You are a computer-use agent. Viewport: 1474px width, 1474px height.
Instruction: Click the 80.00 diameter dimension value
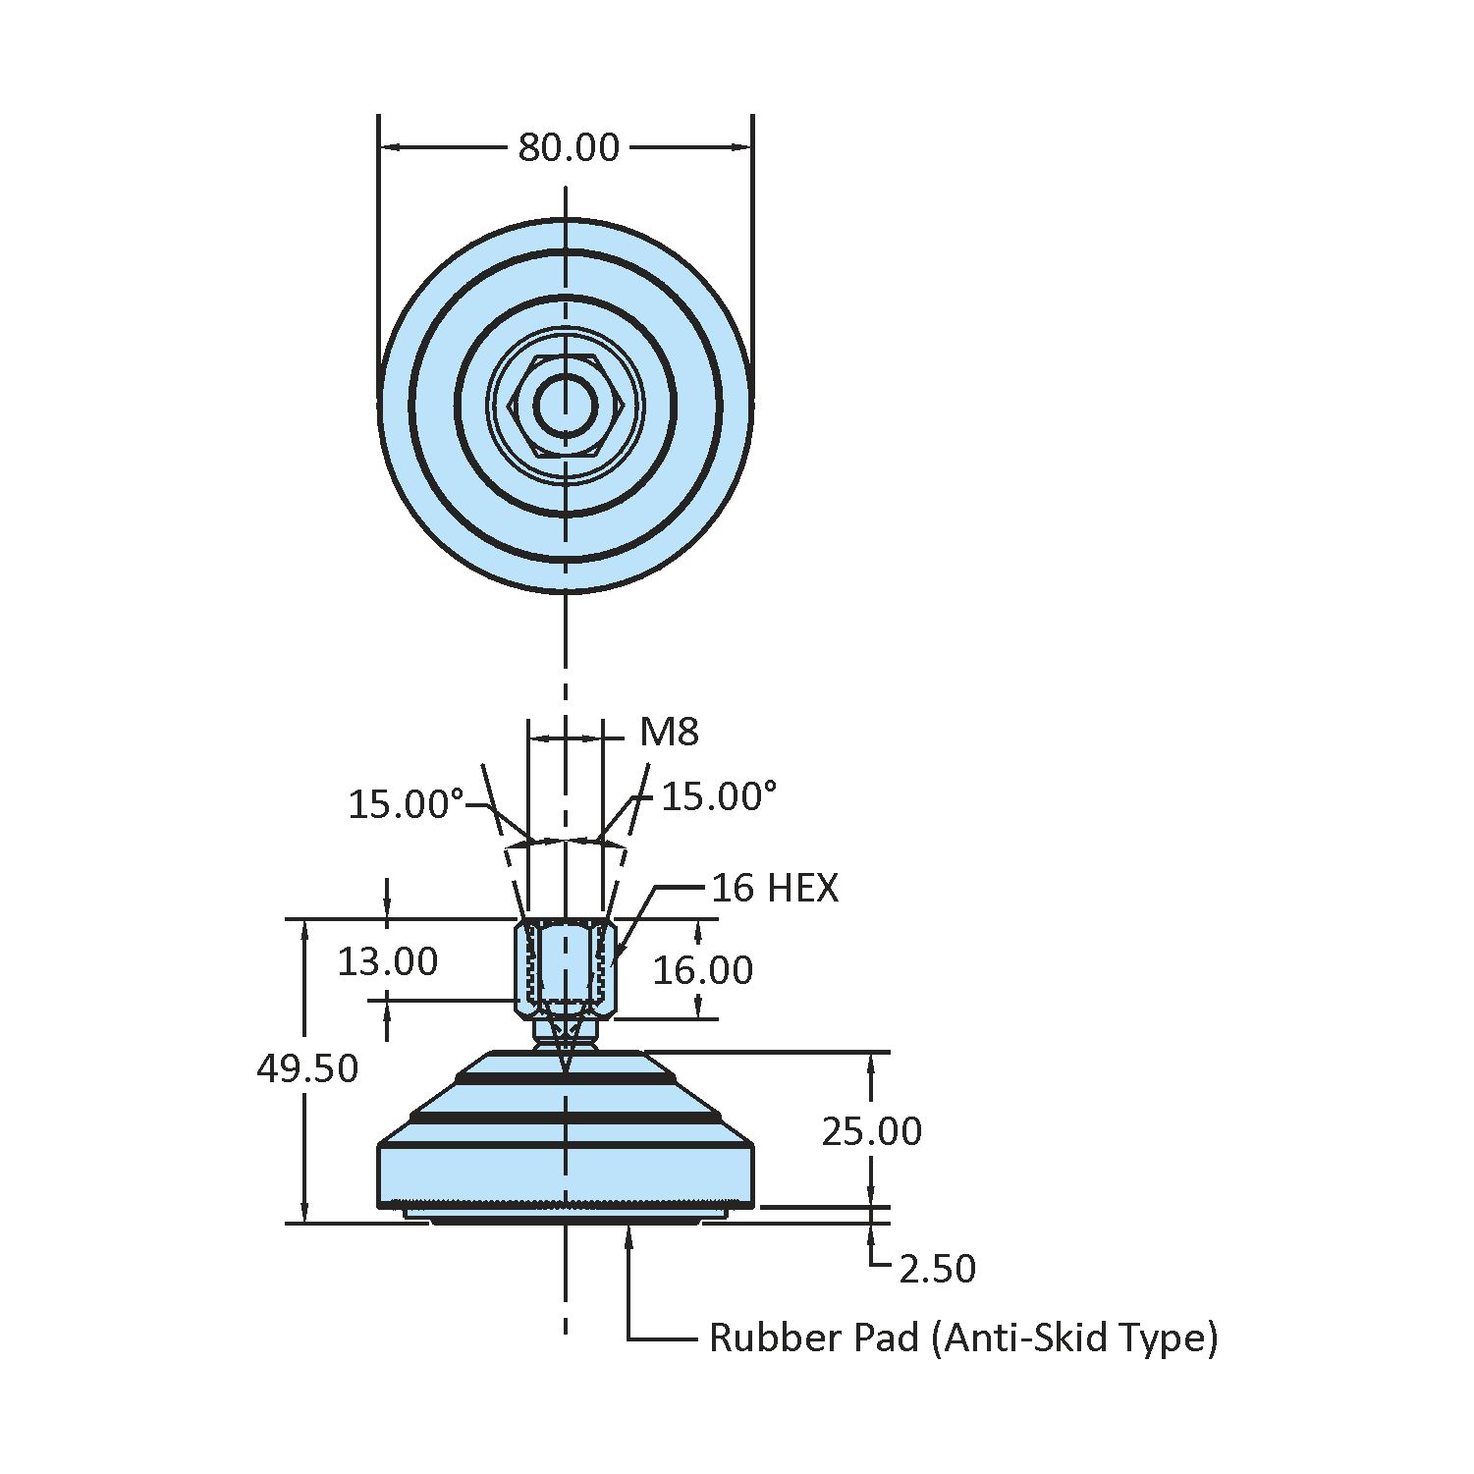click(569, 147)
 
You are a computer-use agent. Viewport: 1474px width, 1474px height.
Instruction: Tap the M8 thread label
click(669, 732)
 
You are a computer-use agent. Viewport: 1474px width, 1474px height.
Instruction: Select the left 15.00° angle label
click(406, 804)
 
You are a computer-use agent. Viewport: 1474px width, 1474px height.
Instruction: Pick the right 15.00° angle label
click(719, 796)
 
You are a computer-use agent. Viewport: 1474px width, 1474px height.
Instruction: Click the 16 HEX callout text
click(775, 888)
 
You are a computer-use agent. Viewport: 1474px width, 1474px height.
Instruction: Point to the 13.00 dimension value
click(387, 961)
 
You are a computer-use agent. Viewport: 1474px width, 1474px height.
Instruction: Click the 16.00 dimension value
click(703, 970)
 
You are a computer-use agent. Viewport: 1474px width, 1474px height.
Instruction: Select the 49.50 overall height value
click(307, 1068)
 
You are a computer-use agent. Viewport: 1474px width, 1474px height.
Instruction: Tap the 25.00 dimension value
click(872, 1131)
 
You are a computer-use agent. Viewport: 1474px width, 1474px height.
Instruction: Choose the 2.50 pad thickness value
click(938, 1269)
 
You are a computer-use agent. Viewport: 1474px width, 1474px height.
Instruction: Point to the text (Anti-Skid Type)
click(1074, 1338)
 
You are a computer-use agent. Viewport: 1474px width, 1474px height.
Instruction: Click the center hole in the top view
click(565, 405)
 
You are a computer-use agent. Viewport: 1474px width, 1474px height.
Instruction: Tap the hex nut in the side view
click(565, 968)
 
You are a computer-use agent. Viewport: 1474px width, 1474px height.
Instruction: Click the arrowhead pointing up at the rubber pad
click(628, 1236)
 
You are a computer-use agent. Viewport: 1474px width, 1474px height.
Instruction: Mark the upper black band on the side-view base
click(565, 1079)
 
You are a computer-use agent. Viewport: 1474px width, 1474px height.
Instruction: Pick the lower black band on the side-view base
click(565, 1118)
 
